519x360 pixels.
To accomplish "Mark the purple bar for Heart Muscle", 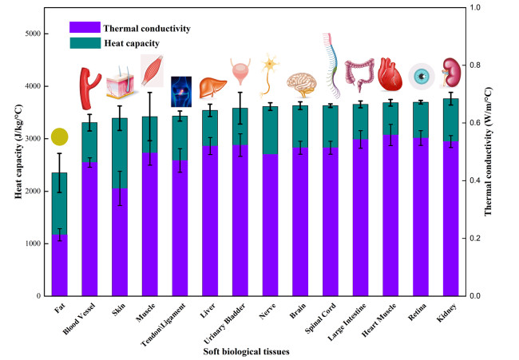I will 390,216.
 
